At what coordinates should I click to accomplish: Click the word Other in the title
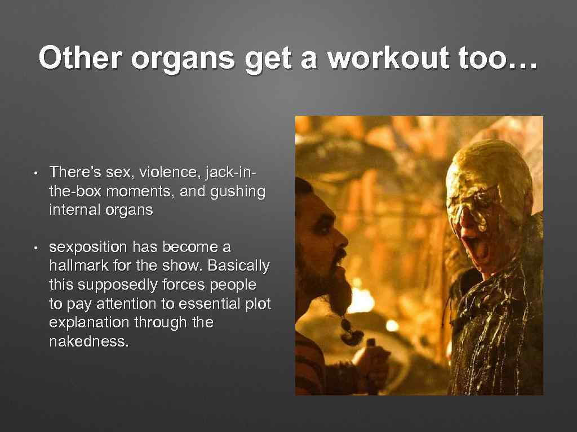(77, 58)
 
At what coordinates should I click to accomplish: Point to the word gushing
(236, 191)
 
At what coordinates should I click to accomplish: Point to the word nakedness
(89, 341)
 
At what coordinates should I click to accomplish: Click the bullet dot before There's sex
(34, 172)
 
